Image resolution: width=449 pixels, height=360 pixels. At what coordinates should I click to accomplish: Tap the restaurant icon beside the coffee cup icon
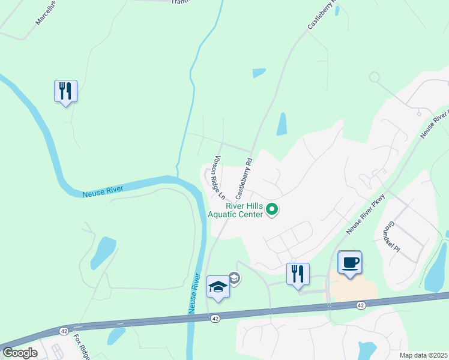(298, 274)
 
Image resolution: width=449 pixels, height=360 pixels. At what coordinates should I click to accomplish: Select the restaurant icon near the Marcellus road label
(65, 92)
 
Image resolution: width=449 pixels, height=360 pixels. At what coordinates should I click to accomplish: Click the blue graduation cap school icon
(217, 287)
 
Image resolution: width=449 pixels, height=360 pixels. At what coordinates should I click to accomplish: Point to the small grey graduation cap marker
(234, 277)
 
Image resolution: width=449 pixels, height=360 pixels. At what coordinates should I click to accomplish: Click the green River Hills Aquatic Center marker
(272, 209)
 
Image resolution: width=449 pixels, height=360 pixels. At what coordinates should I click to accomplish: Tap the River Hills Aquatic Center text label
(235, 209)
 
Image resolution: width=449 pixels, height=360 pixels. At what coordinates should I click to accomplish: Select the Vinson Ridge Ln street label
(217, 178)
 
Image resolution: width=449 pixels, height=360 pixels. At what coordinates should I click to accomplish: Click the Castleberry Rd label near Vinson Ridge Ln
(244, 178)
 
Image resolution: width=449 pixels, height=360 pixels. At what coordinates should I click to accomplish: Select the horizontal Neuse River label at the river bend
(103, 191)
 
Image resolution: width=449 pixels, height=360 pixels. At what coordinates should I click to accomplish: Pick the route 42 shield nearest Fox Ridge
(64, 331)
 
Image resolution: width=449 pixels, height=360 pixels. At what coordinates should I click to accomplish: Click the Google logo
(20, 353)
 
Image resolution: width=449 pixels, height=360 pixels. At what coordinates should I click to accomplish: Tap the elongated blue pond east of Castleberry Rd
(282, 124)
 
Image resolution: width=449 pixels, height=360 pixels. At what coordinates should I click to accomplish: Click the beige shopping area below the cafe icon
(353, 291)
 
